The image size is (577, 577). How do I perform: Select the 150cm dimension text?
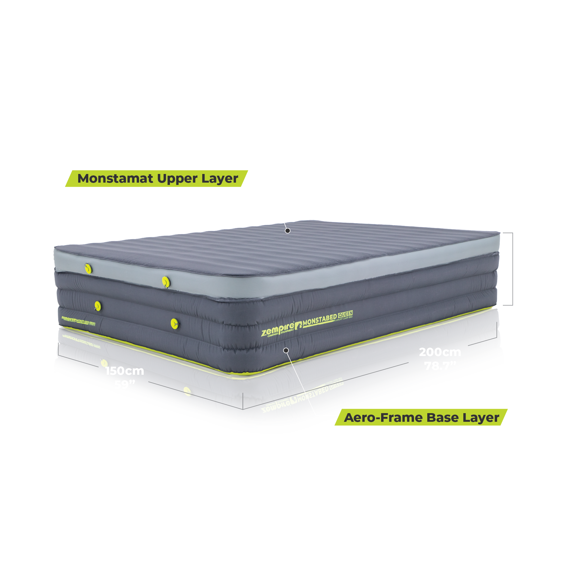pos(125,371)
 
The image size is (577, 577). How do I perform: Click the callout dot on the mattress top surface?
pos(288,231)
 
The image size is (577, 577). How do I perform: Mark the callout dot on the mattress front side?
pos(286,350)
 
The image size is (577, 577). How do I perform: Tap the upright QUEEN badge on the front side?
pos(345,315)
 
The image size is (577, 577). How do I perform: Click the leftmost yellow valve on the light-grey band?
pos(88,268)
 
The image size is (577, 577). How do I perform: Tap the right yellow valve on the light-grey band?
pos(166,282)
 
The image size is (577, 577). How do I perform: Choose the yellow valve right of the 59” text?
pos(187,391)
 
